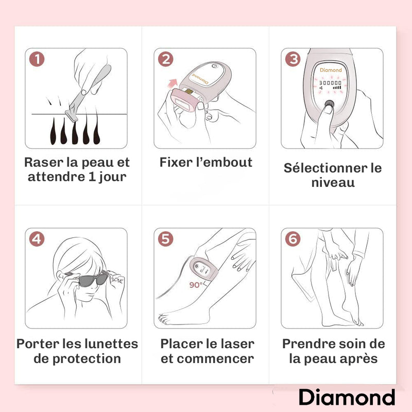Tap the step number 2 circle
click(166, 59)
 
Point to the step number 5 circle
click(166, 239)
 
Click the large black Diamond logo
click(347, 397)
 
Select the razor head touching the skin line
click(70, 112)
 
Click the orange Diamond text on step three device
click(331, 70)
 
